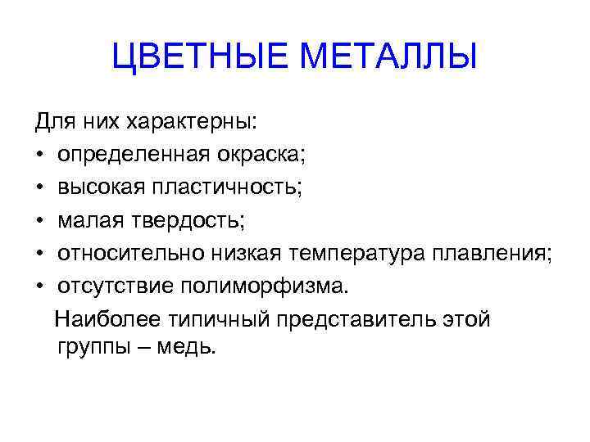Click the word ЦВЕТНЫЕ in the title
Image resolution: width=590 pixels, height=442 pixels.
click(202, 57)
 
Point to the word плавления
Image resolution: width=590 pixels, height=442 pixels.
click(492, 253)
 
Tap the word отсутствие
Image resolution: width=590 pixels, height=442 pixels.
click(111, 286)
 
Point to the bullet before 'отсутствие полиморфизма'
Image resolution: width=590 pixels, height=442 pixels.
click(39, 286)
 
